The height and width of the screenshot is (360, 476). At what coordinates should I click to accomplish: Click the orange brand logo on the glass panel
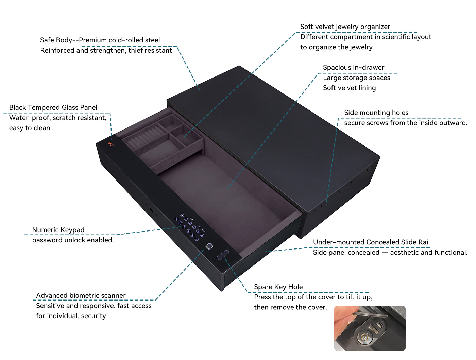(111, 144)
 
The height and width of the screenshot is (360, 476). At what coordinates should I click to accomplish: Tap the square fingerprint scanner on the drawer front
(209, 246)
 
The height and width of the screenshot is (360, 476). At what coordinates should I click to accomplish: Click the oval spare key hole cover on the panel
(222, 255)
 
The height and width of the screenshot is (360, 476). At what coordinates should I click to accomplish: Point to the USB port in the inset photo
(380, 324)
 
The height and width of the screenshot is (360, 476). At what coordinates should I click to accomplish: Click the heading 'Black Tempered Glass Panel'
(53, 107)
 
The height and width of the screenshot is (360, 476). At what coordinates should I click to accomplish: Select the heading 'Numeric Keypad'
(58, 230)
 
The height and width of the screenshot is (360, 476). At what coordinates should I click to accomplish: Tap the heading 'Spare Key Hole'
(278, 287)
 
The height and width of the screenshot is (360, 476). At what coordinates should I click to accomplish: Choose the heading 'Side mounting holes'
(376, 113)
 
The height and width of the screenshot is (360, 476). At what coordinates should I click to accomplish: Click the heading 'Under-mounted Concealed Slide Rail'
(371, 242)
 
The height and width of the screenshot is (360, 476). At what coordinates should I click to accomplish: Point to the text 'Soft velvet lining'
(349, 88)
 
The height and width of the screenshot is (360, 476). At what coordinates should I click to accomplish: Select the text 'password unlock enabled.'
(73, 240)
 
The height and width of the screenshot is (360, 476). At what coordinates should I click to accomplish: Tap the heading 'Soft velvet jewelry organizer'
(345, 27)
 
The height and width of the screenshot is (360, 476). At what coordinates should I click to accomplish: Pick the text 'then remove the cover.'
(290, 307)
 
